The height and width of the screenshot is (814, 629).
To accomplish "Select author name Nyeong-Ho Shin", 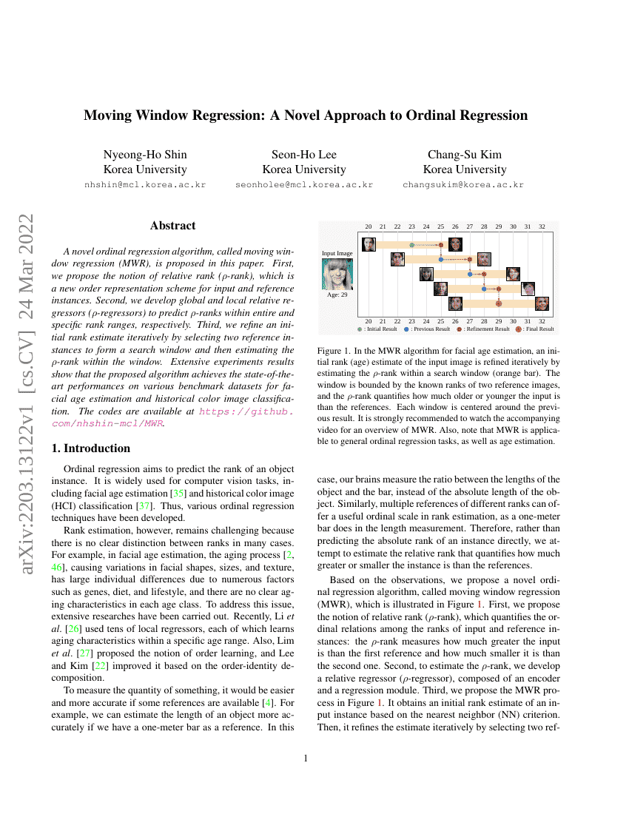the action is tap(145, 155).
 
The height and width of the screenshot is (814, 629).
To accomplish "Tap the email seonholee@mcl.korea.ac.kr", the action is tap(304, 185).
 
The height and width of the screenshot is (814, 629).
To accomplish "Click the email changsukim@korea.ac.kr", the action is tap(463, 185).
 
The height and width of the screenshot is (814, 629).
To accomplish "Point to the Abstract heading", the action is tap(173, 226).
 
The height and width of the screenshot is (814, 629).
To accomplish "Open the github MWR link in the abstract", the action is tap(173, 417).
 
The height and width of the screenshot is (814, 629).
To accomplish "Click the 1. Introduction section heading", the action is tap(91, 448).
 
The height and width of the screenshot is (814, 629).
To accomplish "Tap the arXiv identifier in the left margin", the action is tap(26, 393).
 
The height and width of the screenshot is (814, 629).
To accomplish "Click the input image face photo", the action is tap(337, 274).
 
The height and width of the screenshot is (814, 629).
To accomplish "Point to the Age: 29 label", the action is tap(337, 295).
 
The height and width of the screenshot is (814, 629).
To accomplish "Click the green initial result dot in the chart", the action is tap(412, 245).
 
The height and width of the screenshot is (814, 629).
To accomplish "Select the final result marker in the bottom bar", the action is tap(499, 303).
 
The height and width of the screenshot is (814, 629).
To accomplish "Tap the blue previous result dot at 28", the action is tap(484, 289).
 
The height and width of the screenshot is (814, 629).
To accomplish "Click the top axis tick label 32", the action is tap(542, 227).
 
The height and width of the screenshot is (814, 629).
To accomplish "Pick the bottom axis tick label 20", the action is tap(369, 321).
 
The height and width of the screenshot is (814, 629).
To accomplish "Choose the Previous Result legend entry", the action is tap(427, 329).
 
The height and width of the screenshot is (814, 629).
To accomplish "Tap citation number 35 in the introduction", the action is tap(178, 494).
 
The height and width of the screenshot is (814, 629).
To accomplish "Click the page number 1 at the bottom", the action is tap(306, 758).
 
